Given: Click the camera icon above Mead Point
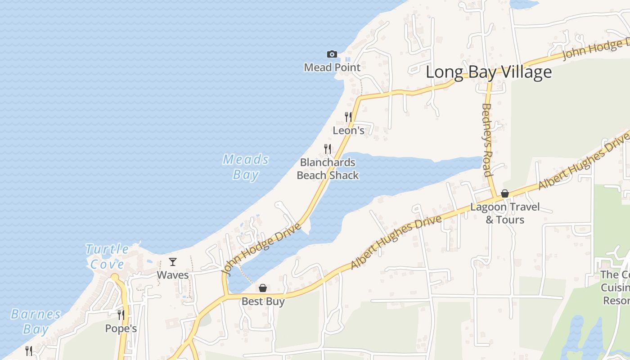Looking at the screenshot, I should (x=332, y=54).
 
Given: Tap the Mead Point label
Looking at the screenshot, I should (x=332, y=67).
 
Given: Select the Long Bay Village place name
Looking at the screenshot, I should (x=488, y=72).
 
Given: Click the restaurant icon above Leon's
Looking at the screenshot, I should (x=348, y=117).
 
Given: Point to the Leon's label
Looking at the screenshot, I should (x=348, y=130).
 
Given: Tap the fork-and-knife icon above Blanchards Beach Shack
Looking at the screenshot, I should (x=328, y=148).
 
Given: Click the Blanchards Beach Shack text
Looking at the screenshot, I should (x=328, y=169).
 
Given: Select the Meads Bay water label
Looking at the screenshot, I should (x=246, y=167).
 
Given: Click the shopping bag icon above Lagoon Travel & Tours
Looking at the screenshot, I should (x=505, y=193).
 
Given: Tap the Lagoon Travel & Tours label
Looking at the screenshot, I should (x=505, y=213).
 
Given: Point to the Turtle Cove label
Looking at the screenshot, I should (x=107, y=256).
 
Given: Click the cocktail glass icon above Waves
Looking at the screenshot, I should (x=173, y=261).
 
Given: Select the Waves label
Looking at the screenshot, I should (x=173, y=274).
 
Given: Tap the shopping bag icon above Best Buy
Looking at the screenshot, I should (x=263, y=288).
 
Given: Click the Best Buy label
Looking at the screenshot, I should (x=263, y=301).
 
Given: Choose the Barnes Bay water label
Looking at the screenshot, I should (x=36, y=321).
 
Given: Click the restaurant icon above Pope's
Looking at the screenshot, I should (x=121, y=315).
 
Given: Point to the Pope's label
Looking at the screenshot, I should (x=121, y=328).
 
